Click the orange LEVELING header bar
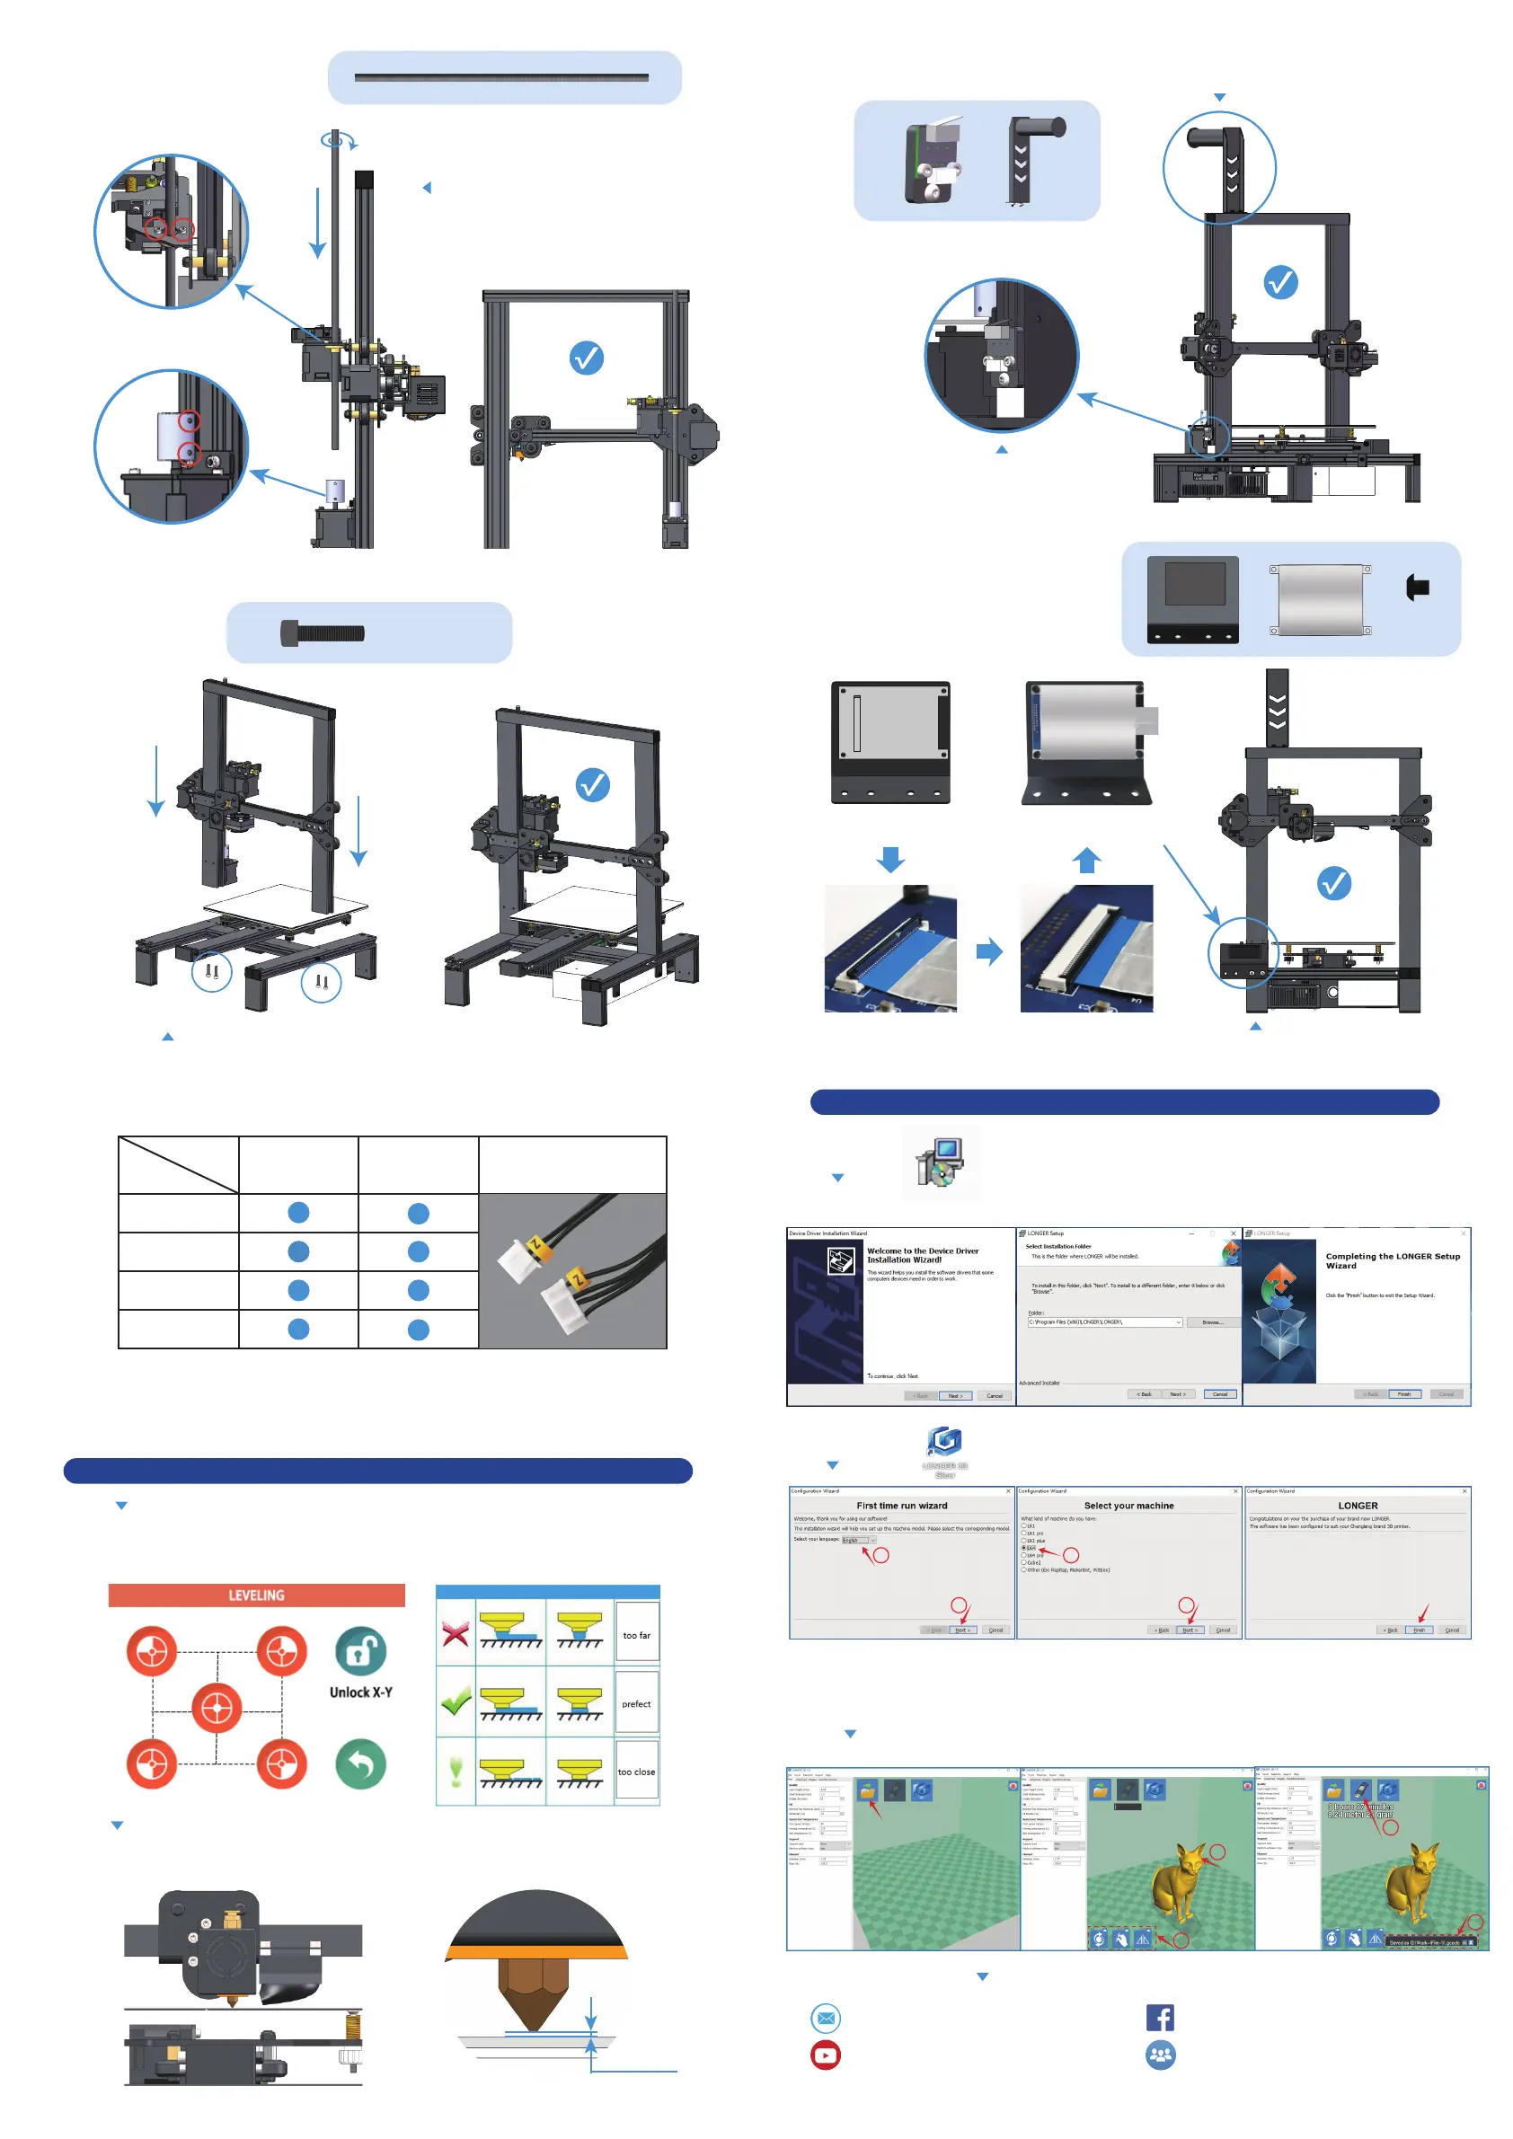[256, 1595]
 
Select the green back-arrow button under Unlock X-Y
[360, 1763]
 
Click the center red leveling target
[217, 1708]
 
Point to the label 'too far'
[636, 1635]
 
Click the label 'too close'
[636, 1772]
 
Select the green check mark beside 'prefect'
[456, 1703]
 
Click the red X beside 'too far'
[456, 1634]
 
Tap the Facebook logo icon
[1160, 2017]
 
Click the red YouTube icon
[826, 2055]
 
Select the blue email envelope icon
[826, 2018]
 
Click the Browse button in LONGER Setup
[1212, 1322]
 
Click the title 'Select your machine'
[1128, 1506]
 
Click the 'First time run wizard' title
[901, 1506]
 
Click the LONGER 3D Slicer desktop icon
[943, 1441]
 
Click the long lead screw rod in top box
[501, 77]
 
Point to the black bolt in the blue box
[323, 633]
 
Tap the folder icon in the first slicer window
[867, 1790]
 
